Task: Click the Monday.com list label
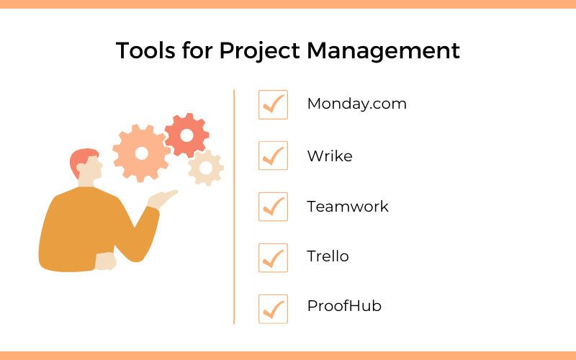point(356,104)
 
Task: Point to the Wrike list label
point(329,156)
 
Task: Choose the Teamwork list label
point(347,207)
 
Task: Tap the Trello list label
point(328,256)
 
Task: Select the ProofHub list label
point(343,306)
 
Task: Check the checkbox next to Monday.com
point(273,105)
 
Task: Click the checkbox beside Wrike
point(273,156)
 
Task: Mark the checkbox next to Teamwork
point(273,207)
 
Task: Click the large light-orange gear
point(141,153)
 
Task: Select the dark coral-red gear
point(186,135)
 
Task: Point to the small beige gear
point(206,168)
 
